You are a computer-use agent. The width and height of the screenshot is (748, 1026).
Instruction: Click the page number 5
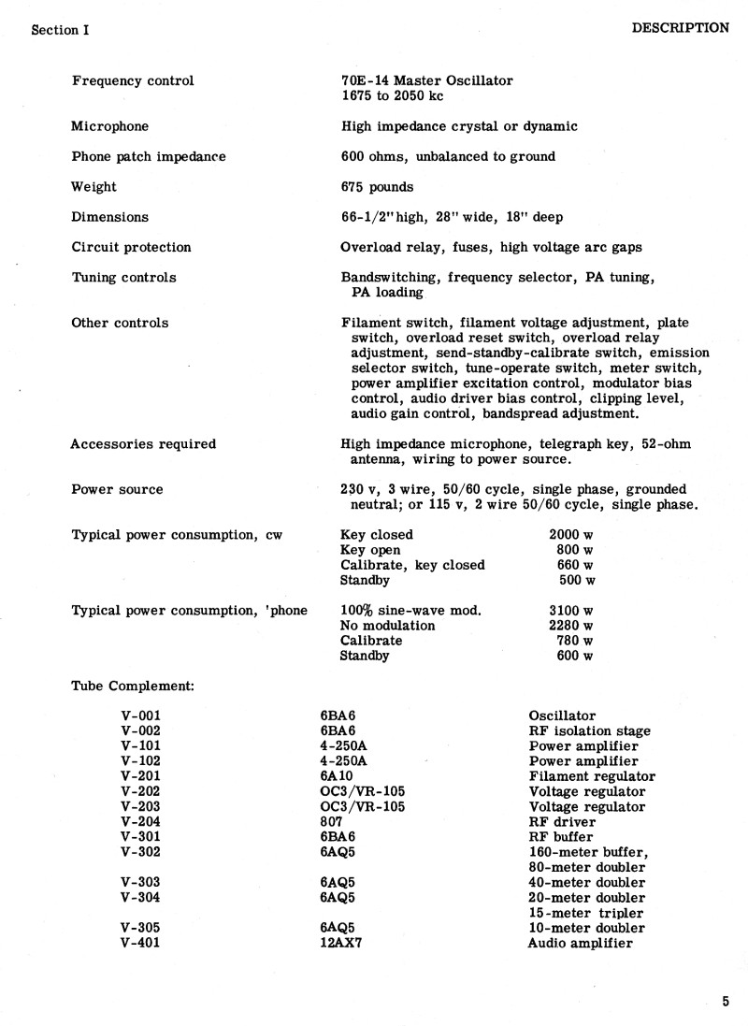click(726, 1002)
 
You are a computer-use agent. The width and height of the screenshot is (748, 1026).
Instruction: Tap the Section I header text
click(54, 30)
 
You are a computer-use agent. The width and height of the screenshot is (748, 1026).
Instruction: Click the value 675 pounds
click(378, 187)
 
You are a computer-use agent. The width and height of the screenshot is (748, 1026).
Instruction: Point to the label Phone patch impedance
click(149, 157)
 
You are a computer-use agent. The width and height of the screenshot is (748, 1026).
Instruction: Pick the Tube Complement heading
click(133, 686)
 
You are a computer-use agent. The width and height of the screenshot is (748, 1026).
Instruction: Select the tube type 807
click(331, 822)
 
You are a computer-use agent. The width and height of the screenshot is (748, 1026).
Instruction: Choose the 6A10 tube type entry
click(338, 776)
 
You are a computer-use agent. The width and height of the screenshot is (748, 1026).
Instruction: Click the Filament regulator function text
click(592, 776)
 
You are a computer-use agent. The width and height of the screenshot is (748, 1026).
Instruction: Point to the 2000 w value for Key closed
click(570, 535)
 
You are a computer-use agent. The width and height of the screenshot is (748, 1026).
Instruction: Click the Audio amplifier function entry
click(580, 943)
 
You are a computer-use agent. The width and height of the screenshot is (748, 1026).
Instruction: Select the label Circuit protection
click(131, 248)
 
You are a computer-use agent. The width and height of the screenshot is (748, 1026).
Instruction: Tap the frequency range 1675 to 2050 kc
click(393, 96)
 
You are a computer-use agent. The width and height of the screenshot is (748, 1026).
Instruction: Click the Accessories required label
click(143, 444)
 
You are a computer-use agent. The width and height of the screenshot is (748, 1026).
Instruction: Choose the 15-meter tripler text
click(586, 913)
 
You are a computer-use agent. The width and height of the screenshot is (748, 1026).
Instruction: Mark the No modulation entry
click(388, 625)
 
